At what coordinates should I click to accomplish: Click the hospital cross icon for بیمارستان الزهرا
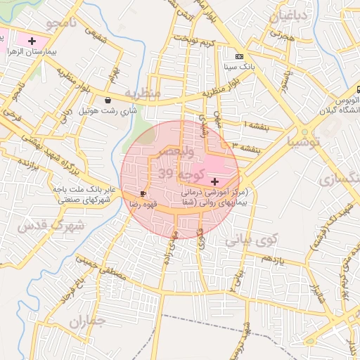click(32, 41)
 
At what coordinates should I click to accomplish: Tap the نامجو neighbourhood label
click(60, 24)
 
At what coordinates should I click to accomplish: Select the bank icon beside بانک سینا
click(240, 56)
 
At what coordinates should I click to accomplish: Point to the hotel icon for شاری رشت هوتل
click(107, 100)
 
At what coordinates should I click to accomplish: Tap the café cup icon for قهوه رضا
click(143, 192)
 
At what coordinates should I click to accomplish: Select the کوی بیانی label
click(251, 240)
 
